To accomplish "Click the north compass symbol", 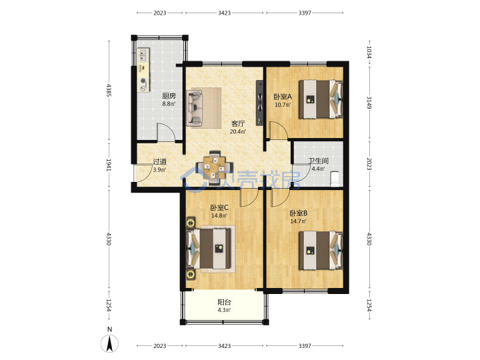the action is click(x=110, y=343).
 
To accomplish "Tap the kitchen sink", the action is click(x=143, y=55).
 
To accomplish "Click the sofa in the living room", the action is click(x=195, y=108).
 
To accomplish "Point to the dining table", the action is click(x=214, y=168).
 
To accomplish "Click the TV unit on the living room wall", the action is click(x=259, y=103).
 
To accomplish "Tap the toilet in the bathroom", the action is click(x=335, y=179).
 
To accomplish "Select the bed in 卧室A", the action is click(x=321, y=99).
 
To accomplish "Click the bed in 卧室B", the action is click(x=321, y=250).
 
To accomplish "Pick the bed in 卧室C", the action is click(x=209, y=249).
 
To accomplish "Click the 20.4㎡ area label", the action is click(x=238, y=132).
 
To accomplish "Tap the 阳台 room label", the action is click(x=224, y=303).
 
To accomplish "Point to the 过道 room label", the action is click(x=159, y=161).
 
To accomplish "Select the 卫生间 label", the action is click(x=319, y=161).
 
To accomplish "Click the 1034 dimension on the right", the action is click(x=369, y=52).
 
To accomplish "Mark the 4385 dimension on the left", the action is click(x=109, y=90).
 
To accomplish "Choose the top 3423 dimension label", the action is click(x=225, y=13).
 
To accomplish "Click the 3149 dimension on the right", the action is click(x=369, y=103).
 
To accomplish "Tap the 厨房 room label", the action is click(x=169, y=96).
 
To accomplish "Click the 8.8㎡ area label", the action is click(x=169, y=104).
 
